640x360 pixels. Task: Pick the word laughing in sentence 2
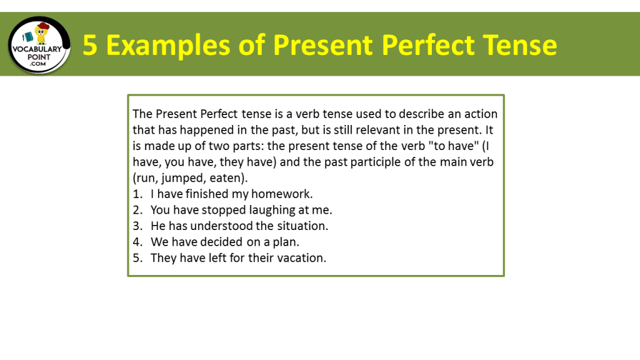(264, 210)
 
